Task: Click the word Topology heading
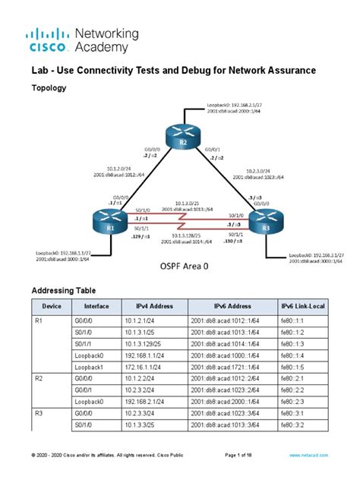(47, 88)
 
